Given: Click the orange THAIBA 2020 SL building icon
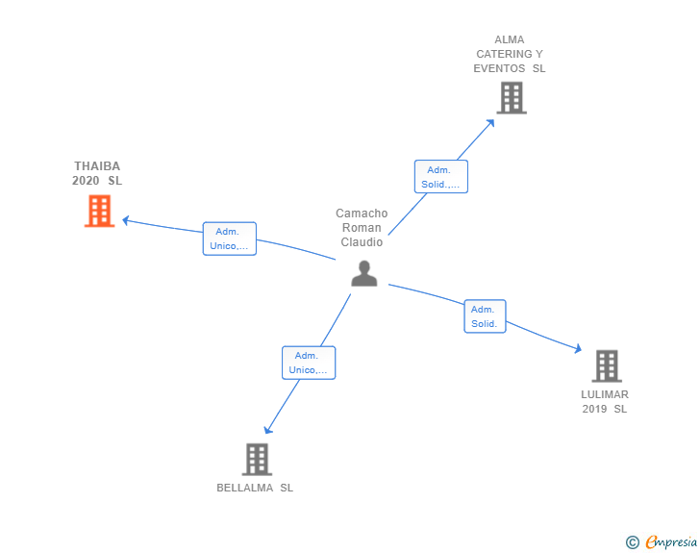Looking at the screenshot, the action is (100, 211).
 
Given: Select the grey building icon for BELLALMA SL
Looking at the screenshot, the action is (257, 459).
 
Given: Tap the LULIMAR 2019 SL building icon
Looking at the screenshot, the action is (607, 365).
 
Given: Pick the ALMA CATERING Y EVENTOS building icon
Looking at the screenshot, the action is (512, 98).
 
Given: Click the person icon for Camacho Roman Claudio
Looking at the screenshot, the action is (364, 273).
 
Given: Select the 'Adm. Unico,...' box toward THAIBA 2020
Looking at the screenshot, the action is (230, 239).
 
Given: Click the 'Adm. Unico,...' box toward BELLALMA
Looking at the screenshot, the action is (309, 363).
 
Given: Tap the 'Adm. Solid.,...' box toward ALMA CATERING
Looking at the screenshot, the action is (441, 176).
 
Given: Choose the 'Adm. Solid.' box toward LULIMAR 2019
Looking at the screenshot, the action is (485, 316).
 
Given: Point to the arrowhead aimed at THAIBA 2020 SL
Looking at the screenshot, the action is (125, 220).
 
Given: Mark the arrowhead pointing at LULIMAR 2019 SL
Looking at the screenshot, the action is (579, 349).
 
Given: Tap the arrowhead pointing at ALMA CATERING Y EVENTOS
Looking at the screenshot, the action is (491, 122).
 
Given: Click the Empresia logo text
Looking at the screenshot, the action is (671, 541).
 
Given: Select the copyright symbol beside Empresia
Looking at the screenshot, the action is (632, 542).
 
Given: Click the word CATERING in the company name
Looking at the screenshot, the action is (504, 54).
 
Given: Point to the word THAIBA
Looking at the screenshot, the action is (97, 166).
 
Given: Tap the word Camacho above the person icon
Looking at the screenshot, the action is (362, 214).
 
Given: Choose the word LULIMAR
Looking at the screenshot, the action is (605, 394).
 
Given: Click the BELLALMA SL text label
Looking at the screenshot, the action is (255, 488).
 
